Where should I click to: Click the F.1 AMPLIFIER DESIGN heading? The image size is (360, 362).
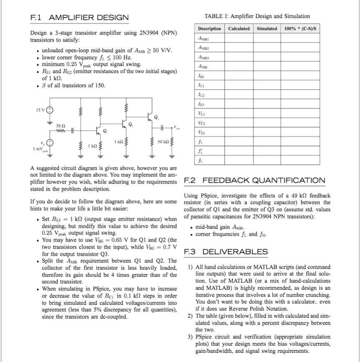coord(79,18)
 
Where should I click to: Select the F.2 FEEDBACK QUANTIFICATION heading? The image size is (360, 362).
coord(254,180)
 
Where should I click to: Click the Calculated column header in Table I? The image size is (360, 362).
coord(238,28)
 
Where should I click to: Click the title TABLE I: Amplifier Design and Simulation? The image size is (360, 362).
coord(257,16)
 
